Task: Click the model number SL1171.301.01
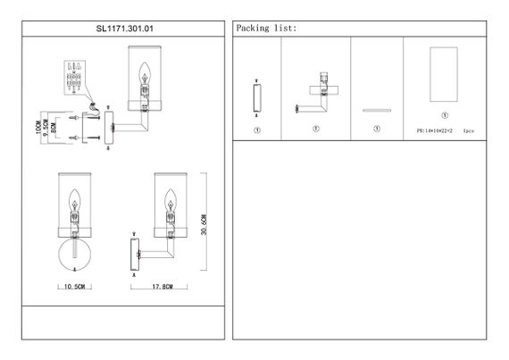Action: (x=124, y=29)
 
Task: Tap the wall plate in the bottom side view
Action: (x=135, y=255)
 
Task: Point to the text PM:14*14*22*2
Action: (x=435, y=130)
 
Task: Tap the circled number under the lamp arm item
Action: (x=316, y=129)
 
